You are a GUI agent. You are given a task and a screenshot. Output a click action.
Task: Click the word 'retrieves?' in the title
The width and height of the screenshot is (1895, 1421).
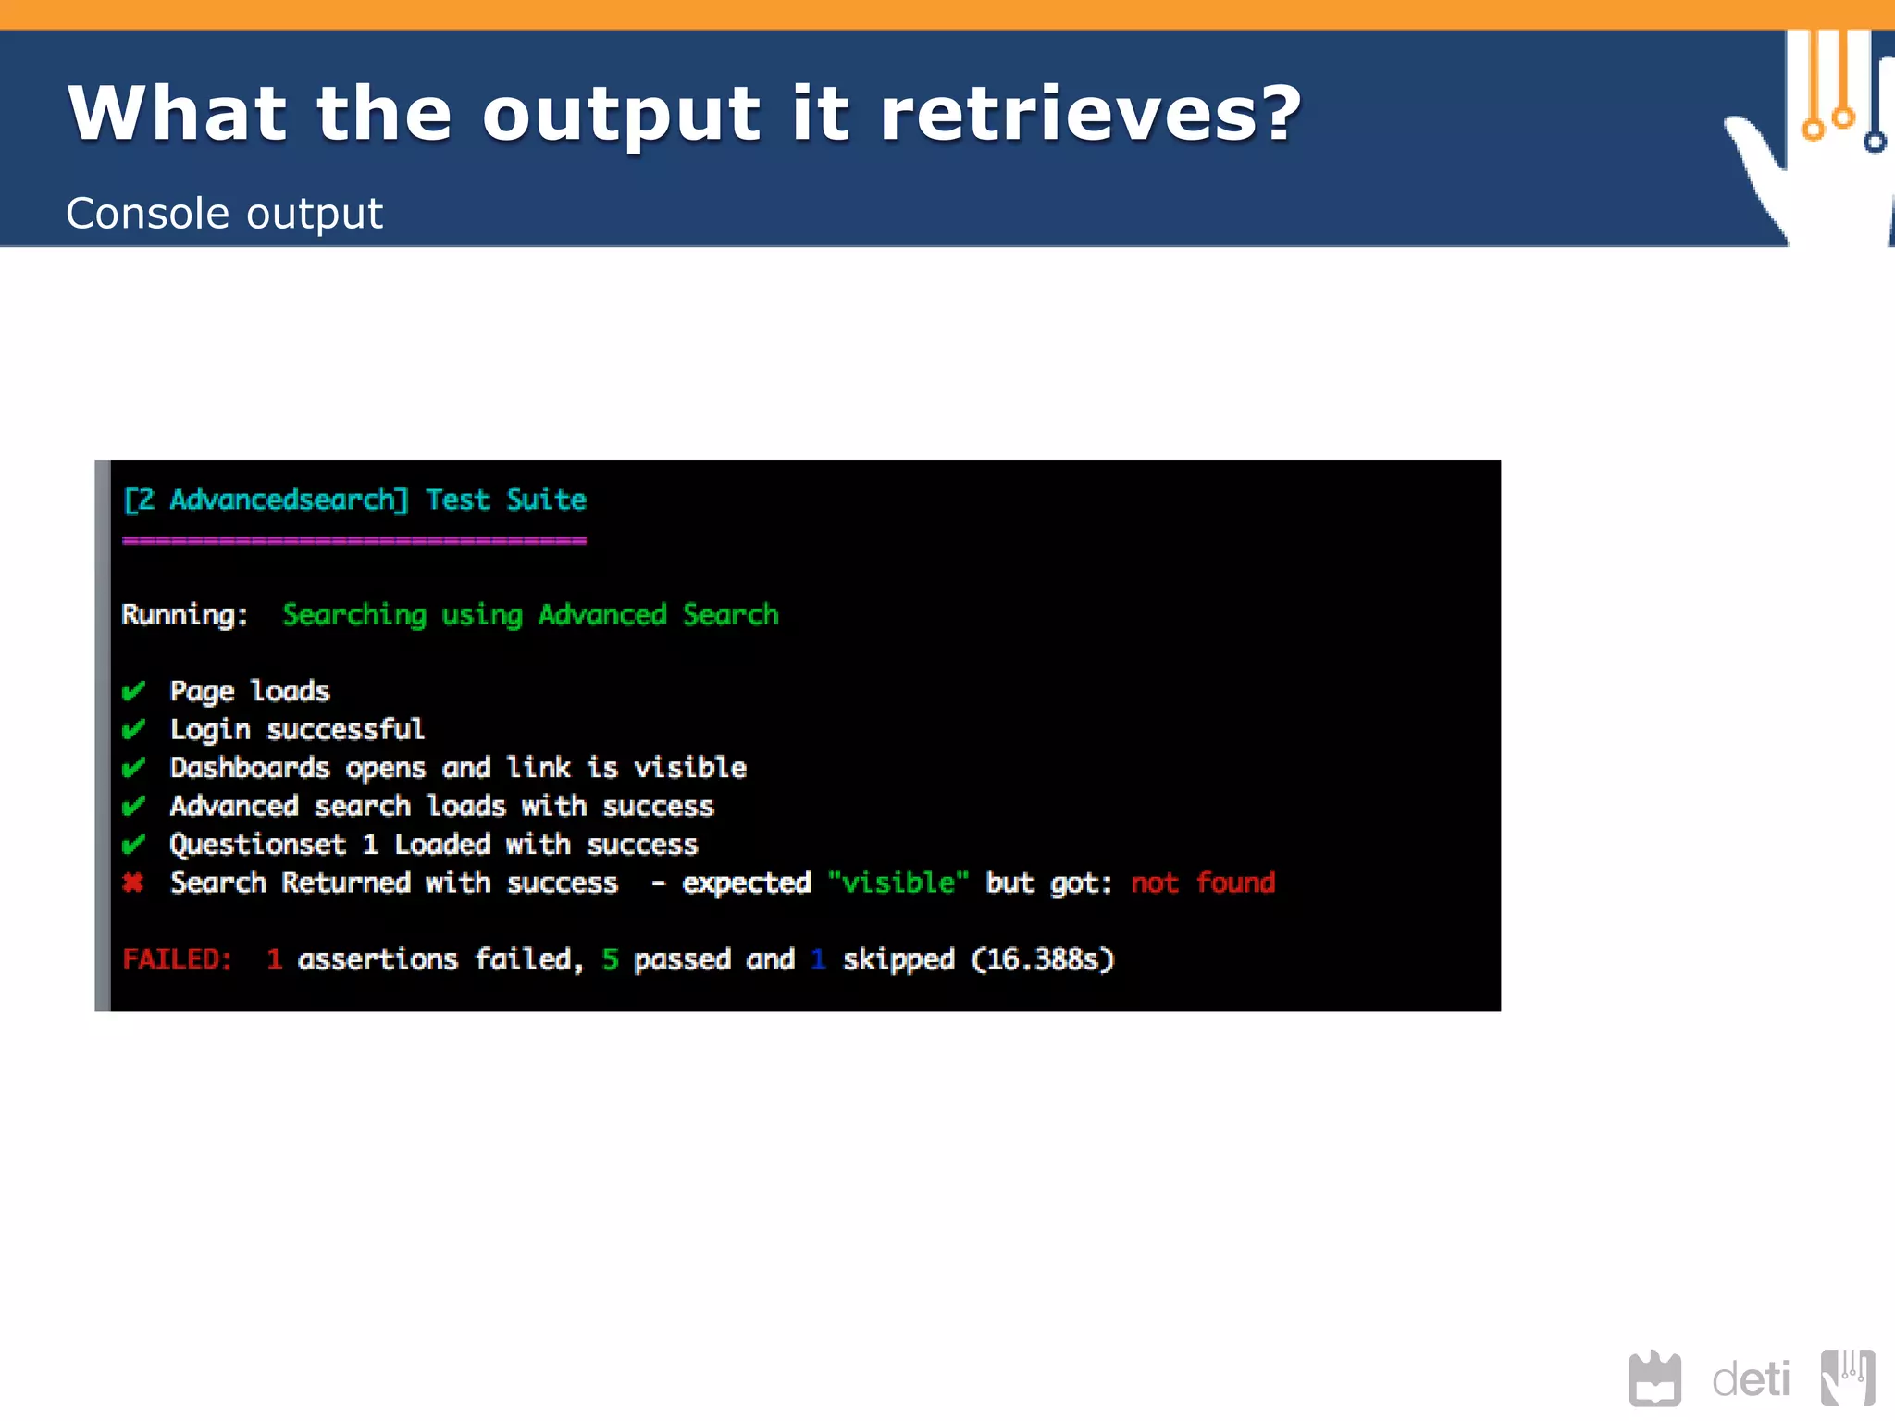(x=1090, y=115)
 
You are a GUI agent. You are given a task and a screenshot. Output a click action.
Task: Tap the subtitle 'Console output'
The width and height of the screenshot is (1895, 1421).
(x=224, y=214)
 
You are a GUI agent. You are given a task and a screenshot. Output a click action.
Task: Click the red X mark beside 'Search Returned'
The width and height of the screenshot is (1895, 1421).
(x=133, y=883)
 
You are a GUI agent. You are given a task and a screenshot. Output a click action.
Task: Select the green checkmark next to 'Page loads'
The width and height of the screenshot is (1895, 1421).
(x=133, y=691)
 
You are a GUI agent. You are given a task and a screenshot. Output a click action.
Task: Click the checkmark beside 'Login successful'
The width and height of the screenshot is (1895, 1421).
(x=133, y=729)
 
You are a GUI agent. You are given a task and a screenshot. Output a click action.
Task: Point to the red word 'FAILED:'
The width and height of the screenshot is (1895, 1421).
(x=177, y=959)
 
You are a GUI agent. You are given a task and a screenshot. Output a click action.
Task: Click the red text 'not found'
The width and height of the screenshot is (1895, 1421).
(x=1202, y=883)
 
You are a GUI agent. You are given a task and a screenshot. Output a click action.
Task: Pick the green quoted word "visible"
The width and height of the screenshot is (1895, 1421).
(x=898, y=883)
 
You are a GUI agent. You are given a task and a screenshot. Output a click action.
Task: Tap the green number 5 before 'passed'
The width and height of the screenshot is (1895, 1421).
(x=610, y=959)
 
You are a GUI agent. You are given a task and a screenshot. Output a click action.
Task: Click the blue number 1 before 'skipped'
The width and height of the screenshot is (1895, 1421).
(x=817, y=959)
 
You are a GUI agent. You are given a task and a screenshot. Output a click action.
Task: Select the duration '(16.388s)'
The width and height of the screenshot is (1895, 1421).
(x=1042, y=959)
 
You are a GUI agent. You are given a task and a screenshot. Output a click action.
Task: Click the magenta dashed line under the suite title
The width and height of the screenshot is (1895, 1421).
(x=353, y=540)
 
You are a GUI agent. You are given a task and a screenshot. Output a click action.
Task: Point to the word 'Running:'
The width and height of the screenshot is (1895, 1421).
(x=185, y=615)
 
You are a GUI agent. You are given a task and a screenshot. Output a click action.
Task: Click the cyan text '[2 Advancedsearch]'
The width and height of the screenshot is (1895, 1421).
(x=266, y=500)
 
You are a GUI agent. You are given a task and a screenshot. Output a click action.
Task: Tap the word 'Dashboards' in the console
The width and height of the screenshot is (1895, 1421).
(x=250, y=768)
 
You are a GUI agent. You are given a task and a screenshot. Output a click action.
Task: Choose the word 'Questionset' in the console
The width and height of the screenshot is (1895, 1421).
(x=258, y=845)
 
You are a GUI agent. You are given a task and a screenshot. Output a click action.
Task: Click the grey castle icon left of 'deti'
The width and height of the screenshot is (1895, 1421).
(x=1654, y=1378)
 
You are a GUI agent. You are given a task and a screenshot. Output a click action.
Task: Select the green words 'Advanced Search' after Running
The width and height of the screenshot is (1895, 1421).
(x=658, y=615)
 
